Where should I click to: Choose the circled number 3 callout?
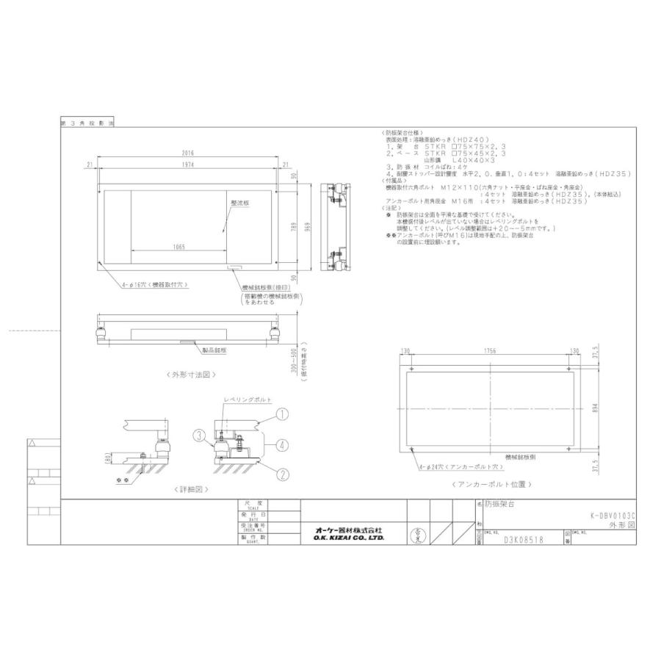198,435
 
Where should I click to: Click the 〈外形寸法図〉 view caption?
189,374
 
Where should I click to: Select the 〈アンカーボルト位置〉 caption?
491,485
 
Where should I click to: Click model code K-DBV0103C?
608,516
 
